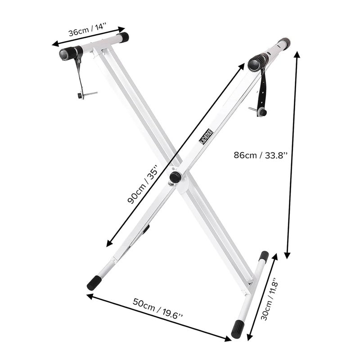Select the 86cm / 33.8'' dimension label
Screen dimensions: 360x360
[261, 155]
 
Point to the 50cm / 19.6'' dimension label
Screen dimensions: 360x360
[158, 308]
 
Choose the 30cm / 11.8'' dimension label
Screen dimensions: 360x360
[270, 298]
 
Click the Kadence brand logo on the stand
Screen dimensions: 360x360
[206, 137]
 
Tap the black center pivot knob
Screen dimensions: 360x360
[175, 177]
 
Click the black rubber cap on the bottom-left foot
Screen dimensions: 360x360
[94, 283]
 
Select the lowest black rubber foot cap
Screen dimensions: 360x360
[238, 329]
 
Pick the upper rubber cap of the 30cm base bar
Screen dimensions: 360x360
[265, 255]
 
